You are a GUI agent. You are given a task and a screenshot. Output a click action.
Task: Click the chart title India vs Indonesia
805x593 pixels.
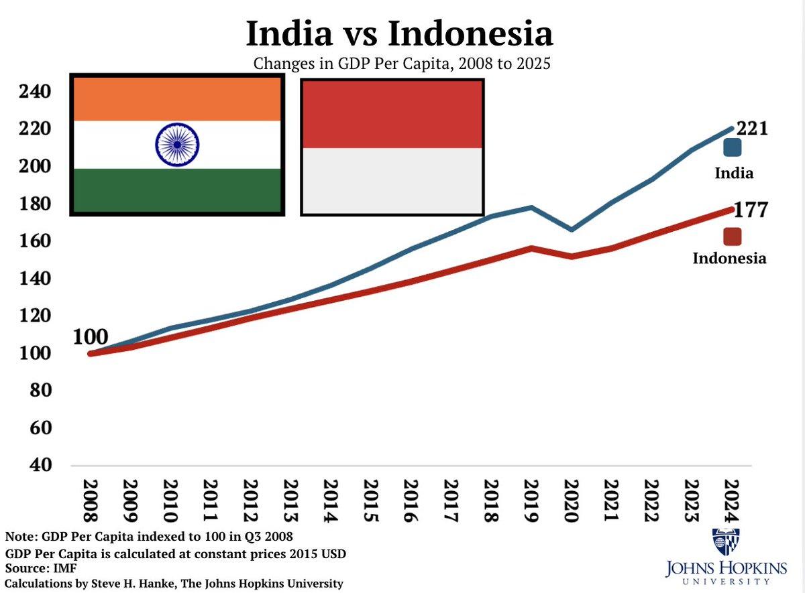(x=400, y=33)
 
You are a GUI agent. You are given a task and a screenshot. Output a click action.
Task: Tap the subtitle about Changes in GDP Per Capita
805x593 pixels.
(x=402, y=64)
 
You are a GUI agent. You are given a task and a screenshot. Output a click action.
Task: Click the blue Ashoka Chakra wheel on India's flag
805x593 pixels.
(x=177, y=144)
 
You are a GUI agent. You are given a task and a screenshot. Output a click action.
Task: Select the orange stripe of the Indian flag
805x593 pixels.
(x=176, y=99)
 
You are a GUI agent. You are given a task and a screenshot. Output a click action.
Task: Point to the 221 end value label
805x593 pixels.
(x=751, y=128)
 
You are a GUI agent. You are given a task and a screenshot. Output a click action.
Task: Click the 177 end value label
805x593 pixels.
(x=751, y=210)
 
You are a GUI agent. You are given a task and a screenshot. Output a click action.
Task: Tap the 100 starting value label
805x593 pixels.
(x=90, y=336)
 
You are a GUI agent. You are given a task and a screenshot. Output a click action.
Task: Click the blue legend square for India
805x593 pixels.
(x=732, y=148)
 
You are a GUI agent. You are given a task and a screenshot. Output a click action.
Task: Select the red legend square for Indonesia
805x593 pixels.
(x=732, y=237)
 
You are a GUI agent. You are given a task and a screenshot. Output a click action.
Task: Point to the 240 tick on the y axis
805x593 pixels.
(x=34, y=91)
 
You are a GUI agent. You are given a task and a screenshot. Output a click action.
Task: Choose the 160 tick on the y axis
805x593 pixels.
(x=34, y=241)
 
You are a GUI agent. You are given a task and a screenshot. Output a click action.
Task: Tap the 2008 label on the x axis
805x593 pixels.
(x=91, y=500)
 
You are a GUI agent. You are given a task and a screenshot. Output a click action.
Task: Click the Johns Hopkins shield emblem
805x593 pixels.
(x=726, y=543)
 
